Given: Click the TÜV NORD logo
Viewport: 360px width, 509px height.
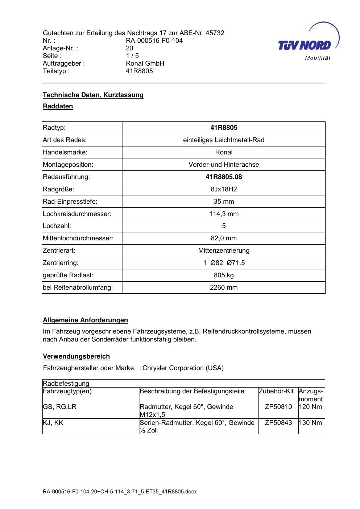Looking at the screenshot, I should pos(305,45).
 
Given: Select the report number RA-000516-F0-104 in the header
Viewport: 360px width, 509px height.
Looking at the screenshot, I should pos(154,41).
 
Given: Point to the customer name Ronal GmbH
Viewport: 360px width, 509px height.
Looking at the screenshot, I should pos(145,63).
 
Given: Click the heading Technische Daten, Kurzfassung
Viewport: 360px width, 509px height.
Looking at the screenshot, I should pos(93,95).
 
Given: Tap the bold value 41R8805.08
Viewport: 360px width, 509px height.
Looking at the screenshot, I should pos(224,177).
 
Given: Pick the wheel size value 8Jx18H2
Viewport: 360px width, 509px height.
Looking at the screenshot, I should pos(224,189).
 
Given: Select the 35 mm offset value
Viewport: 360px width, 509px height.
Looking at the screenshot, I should pos(224,202).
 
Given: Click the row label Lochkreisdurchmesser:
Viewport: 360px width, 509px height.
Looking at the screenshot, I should pos(77,214).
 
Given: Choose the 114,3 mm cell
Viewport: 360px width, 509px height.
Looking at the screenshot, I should pos(224,214).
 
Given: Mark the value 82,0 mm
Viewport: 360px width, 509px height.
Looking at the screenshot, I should pos(224,238).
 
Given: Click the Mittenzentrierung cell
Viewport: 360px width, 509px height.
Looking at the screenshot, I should pos(224,251).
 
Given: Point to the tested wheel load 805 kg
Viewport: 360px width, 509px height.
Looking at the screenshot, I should pos(224,275).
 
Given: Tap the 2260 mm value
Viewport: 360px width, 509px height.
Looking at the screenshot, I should pos(224,287).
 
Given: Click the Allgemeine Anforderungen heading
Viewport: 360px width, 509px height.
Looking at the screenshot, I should pos(86,320).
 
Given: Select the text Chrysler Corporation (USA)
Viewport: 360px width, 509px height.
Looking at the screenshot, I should pos(183,368).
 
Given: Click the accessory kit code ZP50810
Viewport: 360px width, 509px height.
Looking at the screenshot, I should pos(278,407).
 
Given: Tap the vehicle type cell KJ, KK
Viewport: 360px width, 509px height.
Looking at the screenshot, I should pos(53,423).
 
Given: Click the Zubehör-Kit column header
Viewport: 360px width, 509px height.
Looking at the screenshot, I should pos(276,392).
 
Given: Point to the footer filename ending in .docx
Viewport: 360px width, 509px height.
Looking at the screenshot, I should pos(120,492).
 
